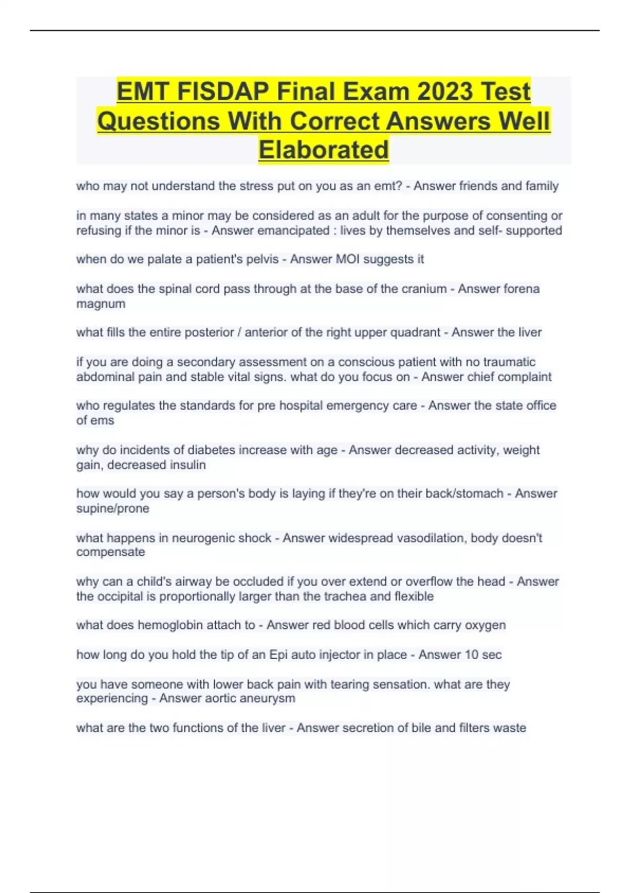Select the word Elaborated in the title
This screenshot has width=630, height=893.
pyautogui.click(x=323, y=150)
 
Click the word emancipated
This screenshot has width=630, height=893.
pyautogui.click(x=270, y=231)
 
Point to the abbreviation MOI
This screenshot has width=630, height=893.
pyautogui.click(x=348, y=259)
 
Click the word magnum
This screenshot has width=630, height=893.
pyautogui.click(x=101, y=304)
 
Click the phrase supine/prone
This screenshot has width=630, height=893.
pyautogui.click(x=112, y=508)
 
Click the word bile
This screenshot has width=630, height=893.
pyautogui.click(x=421, y=728)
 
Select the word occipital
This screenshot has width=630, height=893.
pyautogui.click(x=120, y=597)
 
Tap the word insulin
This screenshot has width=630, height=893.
pyautogui.click(x=187, y=465)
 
